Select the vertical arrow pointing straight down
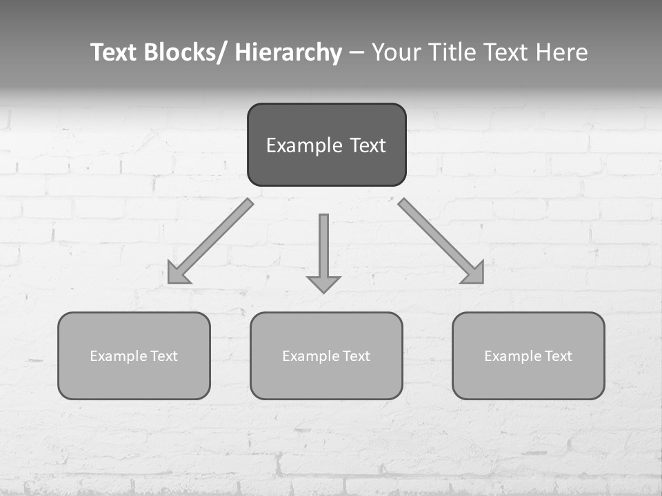[x=323, y=248]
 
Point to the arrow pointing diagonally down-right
[x=437, y=238]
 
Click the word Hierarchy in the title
[x=288, y=52]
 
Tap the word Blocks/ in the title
[x=184, y=52]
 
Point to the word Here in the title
[x=561, y=52]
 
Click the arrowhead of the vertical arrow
[x=323, y=284]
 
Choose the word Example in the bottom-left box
[x=119, y=356]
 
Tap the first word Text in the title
[x=113, y=52]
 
